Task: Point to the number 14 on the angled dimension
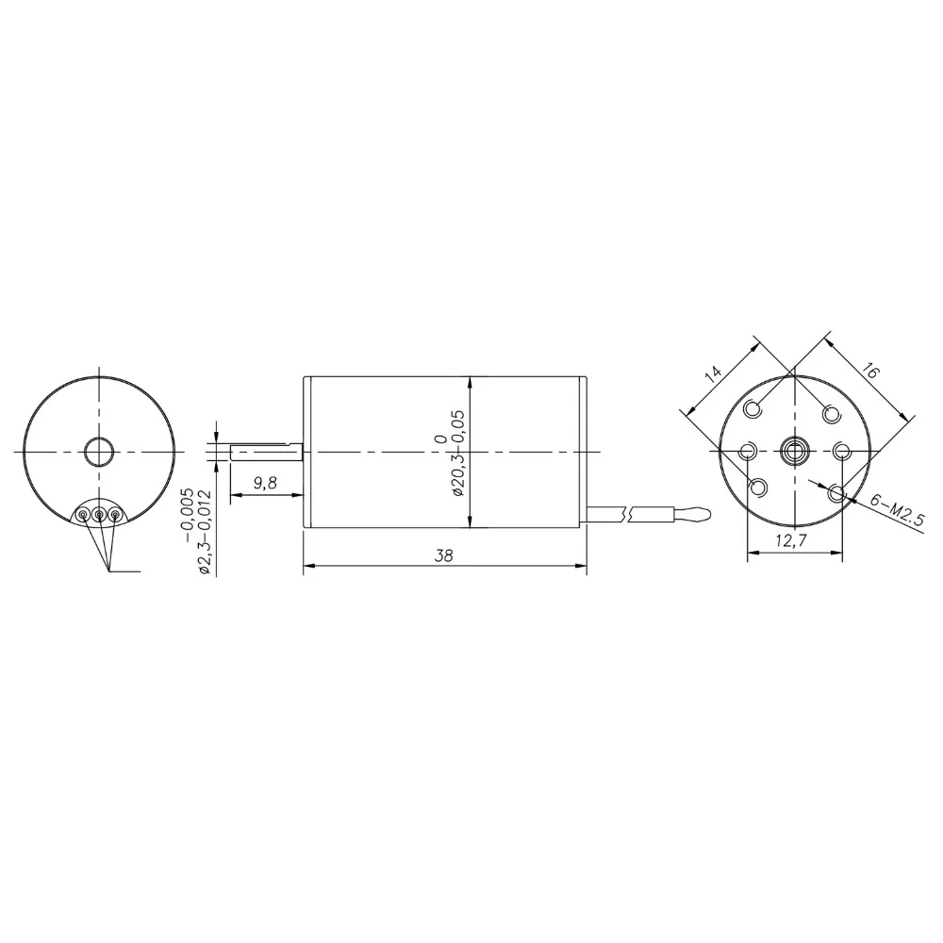click(714, 372)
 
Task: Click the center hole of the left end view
click(98, 452)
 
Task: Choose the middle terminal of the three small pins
click(99, 514)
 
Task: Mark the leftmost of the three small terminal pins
click(84, 514)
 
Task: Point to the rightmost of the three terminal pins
click(115, 514)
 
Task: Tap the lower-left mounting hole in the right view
click(758, 488)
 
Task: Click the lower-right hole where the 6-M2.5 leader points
click(835, 491)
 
